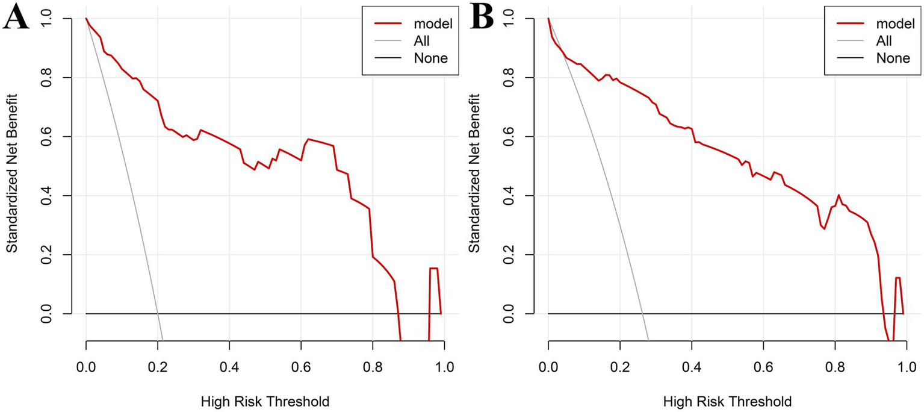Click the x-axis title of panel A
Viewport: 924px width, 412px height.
[265, 401]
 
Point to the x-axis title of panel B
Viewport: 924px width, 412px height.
[727, 401]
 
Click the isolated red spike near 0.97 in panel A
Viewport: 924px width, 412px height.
[433, 269]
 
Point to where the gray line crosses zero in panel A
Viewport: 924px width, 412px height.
[157, 313]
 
